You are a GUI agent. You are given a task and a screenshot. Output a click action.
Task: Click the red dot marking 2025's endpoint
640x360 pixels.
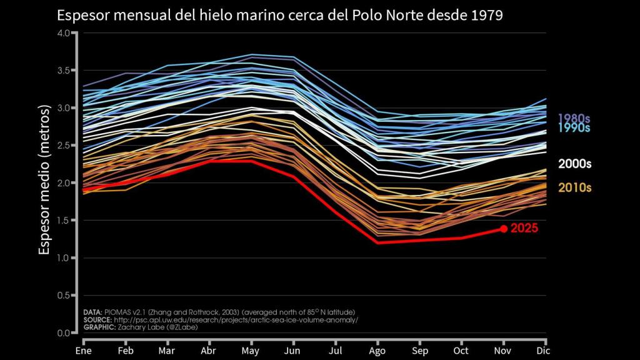(504, 229)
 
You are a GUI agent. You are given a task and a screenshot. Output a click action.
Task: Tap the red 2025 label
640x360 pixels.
(524, 229)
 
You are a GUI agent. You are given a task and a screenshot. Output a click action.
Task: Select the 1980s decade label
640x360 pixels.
(574, 117)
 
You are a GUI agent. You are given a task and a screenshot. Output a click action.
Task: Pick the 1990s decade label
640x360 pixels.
(574, 128)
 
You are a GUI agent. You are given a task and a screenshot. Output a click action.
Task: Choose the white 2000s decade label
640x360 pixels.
(574, 164)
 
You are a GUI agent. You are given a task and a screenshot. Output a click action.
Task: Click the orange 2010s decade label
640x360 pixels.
(574, 187)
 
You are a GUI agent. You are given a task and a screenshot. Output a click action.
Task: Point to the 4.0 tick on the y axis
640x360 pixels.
(64, 33)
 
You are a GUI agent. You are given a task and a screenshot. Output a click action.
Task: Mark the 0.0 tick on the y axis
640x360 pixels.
(64, 332)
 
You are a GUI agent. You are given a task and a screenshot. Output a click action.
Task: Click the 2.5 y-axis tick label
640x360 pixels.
(64, 146)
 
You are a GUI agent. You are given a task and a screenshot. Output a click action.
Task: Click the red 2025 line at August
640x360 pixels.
(377, 242)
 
